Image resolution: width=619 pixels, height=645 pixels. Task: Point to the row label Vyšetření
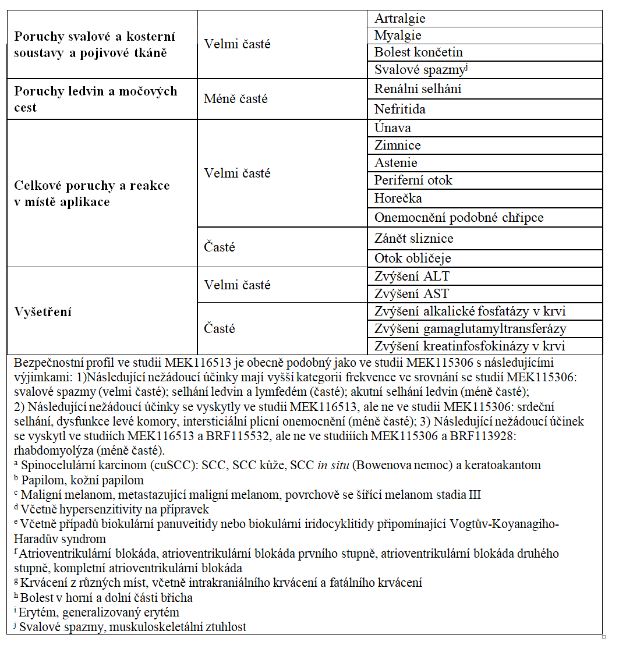[43, 311]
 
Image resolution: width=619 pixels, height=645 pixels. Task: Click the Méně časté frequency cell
[236, 99]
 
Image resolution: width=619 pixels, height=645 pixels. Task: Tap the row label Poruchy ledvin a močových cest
[95, 99]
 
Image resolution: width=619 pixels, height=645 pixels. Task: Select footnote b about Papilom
[82, 480]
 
